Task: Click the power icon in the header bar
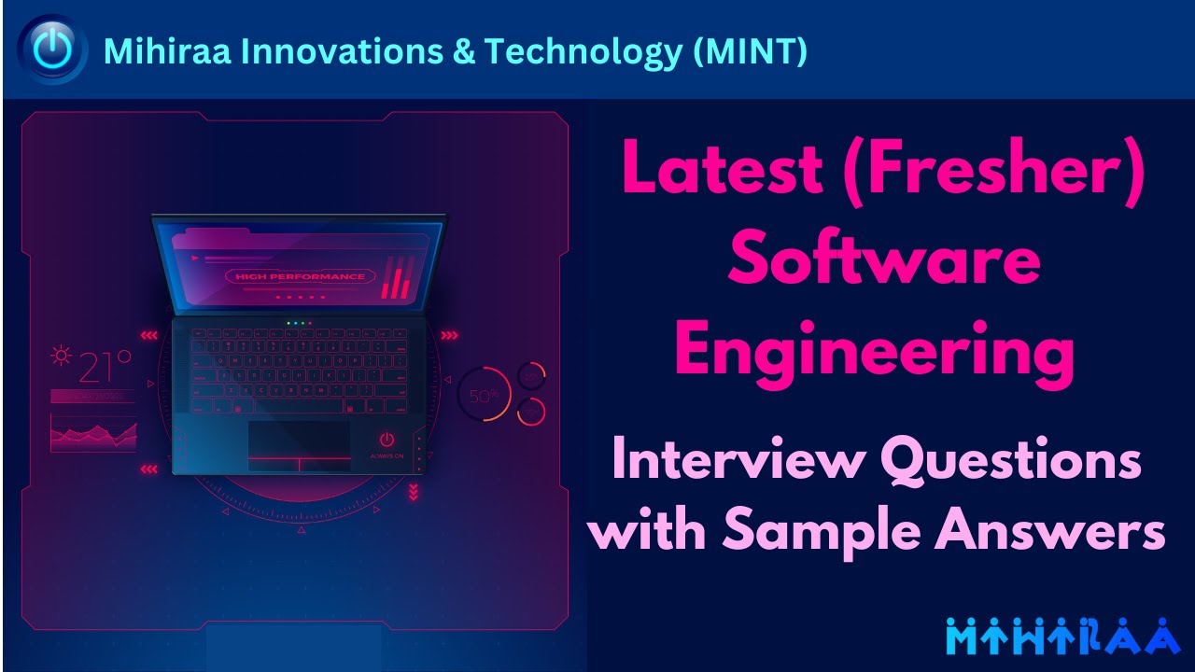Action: (x=53, y=49)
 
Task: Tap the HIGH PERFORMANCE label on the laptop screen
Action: (x=300, y=277)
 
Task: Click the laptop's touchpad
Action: (x=299, y=446)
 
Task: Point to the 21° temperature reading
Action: (x=105, y=367)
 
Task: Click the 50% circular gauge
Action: (x=484, y=395)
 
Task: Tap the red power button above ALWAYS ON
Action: (x=387, y=440)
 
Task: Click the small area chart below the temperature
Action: (x=93, y=433)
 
